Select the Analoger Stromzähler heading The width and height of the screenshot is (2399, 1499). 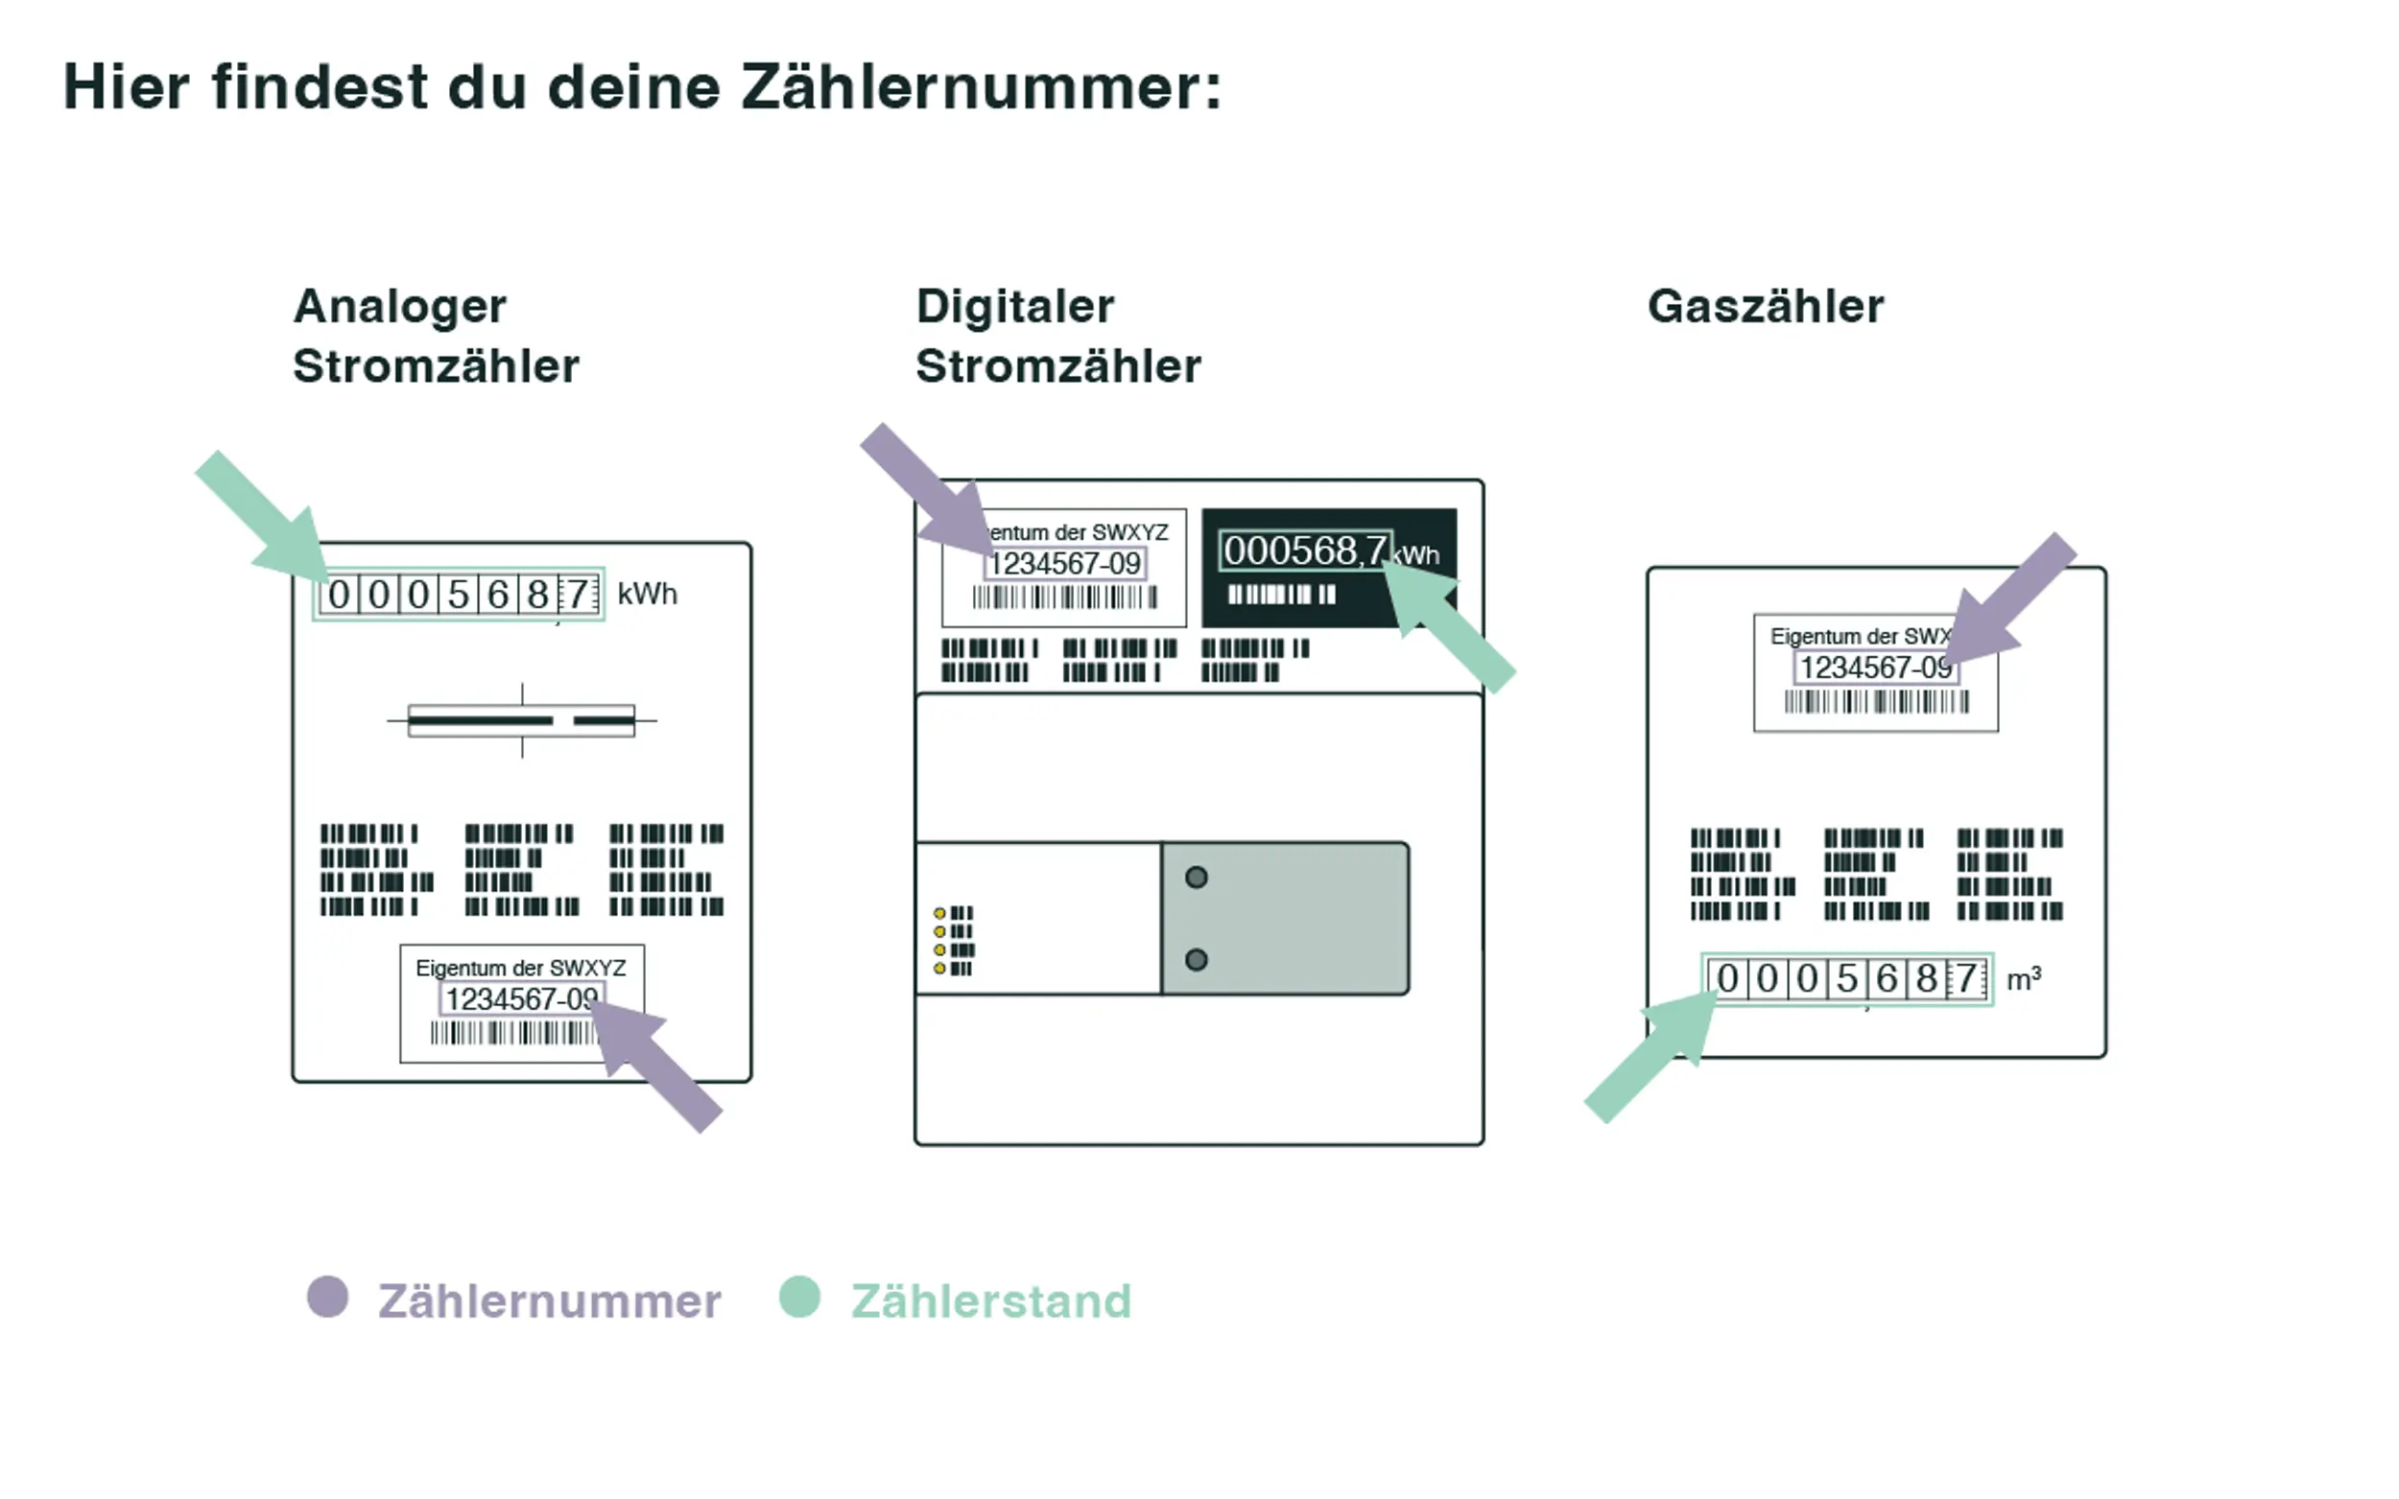(436, 335)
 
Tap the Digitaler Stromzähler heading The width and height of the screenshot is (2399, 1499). (1057, 335)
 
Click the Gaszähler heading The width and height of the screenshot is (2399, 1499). (1766, 305)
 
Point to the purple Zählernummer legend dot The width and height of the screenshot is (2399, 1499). (327, 1297)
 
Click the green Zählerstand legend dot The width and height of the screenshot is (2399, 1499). (799, 1297)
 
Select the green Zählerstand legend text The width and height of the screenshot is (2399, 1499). (990, 1300)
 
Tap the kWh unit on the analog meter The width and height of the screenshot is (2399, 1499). (647, 594)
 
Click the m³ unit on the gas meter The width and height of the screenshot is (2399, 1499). (2023, 979)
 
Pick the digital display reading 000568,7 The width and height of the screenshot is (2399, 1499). (1304, 550)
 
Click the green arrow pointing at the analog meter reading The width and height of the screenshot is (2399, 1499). (266, 521)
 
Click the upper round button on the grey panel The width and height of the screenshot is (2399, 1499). (1196, 878)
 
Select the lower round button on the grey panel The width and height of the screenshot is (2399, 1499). (1196, 960)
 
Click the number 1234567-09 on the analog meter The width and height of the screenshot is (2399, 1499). (521, 999)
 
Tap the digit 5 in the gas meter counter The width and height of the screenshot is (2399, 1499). (1846, 979)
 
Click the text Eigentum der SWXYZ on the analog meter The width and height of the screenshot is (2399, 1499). (521, 968)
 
